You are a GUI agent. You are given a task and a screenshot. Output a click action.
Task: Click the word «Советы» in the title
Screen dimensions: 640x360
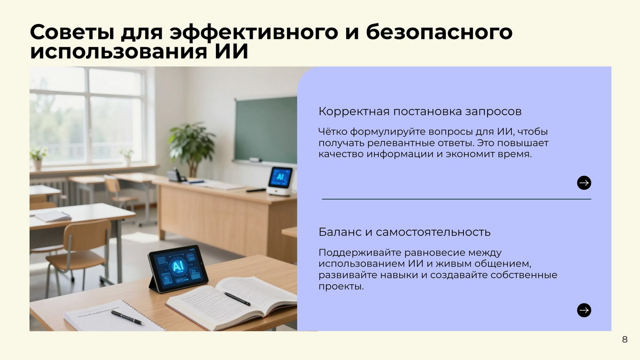coord(72,32)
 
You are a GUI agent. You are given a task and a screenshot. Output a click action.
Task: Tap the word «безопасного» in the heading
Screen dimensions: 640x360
coord(439,32)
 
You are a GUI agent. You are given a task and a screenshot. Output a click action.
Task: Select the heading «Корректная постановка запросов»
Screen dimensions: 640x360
coord(420,111)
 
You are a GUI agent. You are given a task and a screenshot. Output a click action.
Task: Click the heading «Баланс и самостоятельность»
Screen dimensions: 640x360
coord(404,232)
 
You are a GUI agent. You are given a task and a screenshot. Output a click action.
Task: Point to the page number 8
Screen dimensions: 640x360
coord(625,339)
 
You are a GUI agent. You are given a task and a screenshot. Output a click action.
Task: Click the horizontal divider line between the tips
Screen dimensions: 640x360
coord(457,199)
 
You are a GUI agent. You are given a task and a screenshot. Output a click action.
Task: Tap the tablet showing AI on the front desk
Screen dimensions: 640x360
coord(178,269)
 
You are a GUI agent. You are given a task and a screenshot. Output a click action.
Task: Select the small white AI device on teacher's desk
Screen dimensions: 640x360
coord(280,181)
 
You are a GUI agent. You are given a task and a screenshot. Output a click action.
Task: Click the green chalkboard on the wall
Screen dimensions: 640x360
coord(266,130)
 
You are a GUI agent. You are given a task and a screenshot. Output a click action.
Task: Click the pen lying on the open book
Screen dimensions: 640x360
coord(237,299)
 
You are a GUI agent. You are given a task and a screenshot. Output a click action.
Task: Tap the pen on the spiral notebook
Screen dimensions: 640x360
coord(127,317)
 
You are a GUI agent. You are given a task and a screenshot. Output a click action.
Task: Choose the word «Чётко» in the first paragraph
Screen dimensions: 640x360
coord(333,132)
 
